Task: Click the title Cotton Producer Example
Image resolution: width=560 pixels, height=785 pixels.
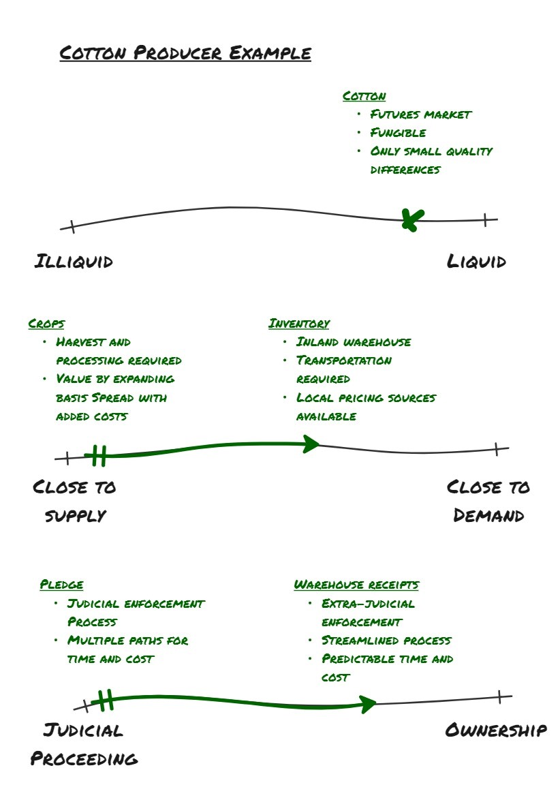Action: point(185,53)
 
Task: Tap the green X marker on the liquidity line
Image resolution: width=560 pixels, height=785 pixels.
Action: point(411,219)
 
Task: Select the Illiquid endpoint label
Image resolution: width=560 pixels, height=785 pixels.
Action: point(74,261)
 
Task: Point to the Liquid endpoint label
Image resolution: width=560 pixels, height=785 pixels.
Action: point(476,261)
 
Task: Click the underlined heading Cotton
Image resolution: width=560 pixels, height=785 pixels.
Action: point(364,96)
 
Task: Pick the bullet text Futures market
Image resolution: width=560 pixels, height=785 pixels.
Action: point(420,114)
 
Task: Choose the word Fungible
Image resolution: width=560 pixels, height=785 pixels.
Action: point(398,133)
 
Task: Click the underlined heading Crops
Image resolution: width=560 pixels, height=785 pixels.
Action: point(46,324)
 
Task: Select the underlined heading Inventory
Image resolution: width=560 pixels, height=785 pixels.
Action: point(299,324)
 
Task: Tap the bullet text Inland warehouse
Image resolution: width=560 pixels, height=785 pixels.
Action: point(354,342)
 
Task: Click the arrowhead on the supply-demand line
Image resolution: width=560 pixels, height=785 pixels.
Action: point(312,444)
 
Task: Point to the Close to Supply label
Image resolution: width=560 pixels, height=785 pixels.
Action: point(74,501)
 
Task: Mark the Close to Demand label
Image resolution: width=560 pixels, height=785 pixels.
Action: point(488,501)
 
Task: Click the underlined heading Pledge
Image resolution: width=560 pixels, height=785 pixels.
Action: point(61,585)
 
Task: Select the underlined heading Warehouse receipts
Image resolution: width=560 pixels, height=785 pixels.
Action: point(356,585)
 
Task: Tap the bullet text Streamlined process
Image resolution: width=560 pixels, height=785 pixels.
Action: point(386,641)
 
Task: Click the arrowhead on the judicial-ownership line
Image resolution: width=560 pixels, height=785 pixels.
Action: point(369,704)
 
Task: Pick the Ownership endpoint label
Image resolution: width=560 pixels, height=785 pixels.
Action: point(495,730)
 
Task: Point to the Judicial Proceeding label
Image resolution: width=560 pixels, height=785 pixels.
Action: point(84,744)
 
